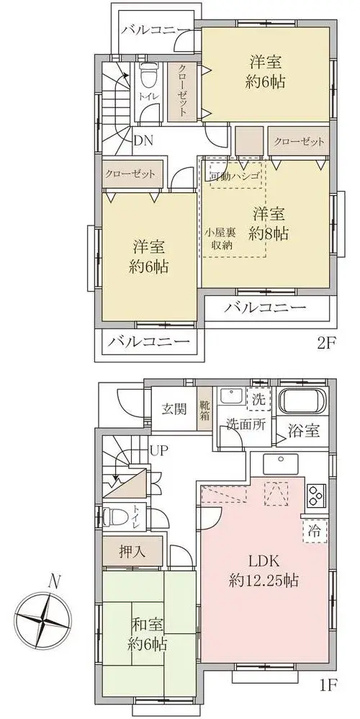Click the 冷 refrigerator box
315,531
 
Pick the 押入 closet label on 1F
132,552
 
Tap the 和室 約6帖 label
147,635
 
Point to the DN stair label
143,140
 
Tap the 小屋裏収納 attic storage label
221,238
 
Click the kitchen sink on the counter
281,464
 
